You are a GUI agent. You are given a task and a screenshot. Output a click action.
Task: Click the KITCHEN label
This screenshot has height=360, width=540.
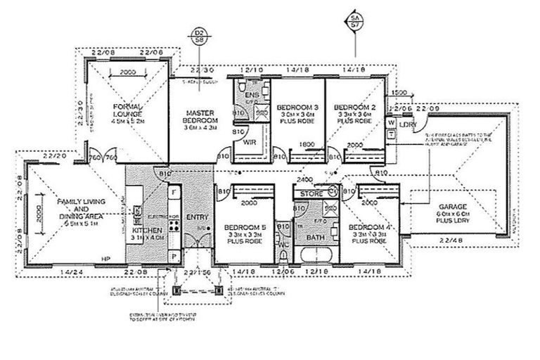[x=147, y=230]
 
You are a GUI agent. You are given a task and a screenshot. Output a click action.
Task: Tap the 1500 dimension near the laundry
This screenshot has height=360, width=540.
[x=399, y=92]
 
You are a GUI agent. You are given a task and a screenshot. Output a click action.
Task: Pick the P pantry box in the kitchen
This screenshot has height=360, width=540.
[x=173, y=257]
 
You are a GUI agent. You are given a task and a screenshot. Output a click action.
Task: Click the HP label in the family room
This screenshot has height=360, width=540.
[x=107, y=257]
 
